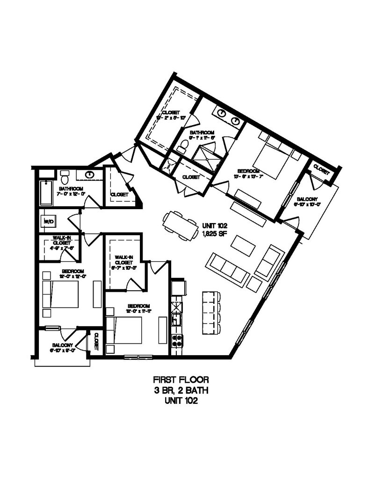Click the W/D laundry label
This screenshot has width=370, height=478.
pos(48,221)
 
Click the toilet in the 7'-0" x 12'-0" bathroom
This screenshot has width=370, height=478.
pos(65,177)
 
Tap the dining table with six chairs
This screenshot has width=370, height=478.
pos(181,225)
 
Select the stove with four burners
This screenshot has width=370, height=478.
pos(177,341)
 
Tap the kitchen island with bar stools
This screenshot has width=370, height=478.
pos(210,312)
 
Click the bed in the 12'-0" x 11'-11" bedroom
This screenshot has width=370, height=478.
pos(124,331)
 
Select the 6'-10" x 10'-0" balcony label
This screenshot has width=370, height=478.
pos(307,201)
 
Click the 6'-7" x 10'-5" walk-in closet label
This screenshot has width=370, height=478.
pos(123,261)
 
